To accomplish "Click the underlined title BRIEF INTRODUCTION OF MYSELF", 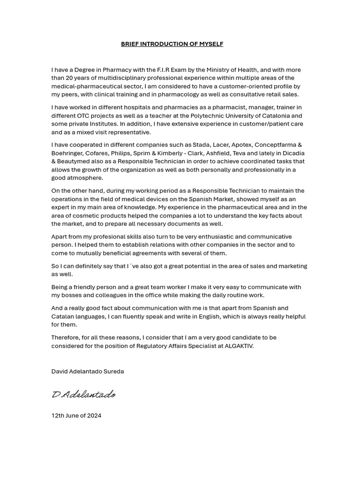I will [x=172, y=44].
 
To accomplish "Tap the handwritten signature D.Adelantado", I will [x=83, y=395].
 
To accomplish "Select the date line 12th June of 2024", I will [x=76, y=415].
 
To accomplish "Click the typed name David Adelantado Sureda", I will [x=88, y=371].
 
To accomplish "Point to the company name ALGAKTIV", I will [x=239, y=346].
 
